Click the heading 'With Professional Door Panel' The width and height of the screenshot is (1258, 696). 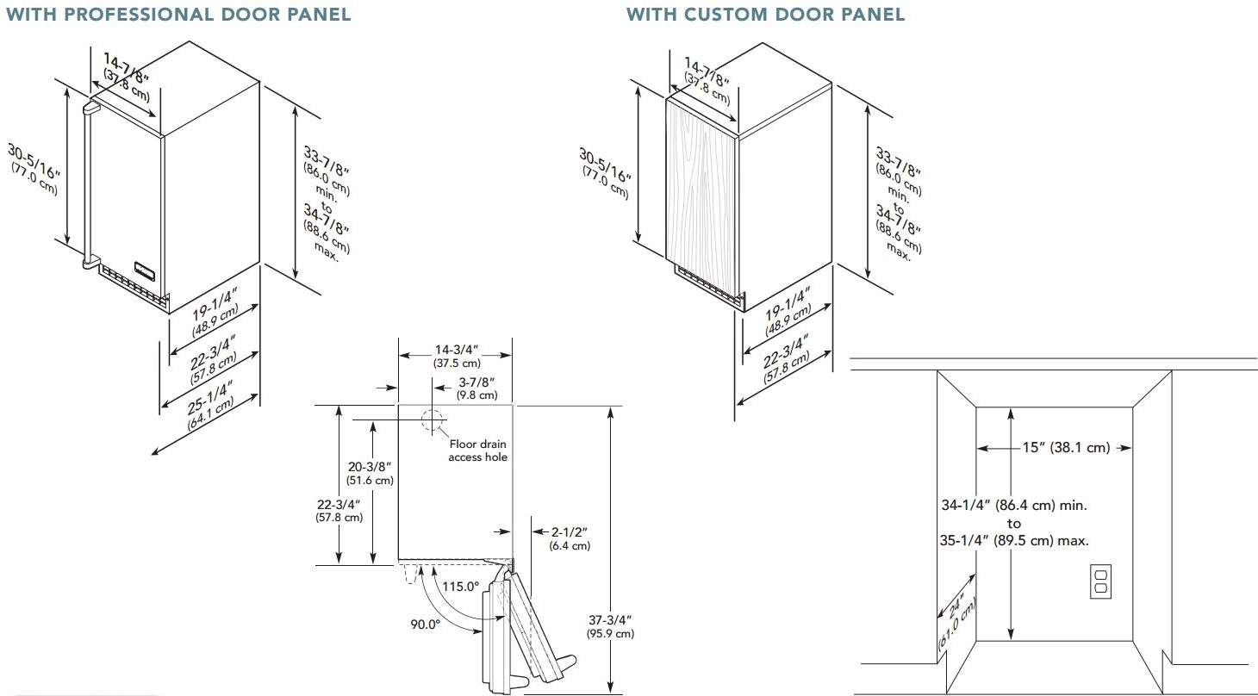tap(178, 14)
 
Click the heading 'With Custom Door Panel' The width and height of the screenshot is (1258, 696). tap(765, 14)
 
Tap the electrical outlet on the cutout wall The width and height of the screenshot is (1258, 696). tap(1100, 581)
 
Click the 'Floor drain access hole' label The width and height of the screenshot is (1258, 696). tap(477, 451)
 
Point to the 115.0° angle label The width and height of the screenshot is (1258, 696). tap(460, 587)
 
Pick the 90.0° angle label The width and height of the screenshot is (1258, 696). tap(425, 625)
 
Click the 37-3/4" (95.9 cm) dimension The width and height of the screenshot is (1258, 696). tap(610, 626)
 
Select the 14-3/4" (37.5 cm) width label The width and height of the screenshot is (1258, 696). tap(457, 357)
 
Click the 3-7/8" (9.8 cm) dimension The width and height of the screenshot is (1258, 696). tap(476, 388)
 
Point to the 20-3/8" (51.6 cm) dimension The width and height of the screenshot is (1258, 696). tap(370, 473)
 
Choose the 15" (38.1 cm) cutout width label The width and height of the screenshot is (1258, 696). tap(1066, 447)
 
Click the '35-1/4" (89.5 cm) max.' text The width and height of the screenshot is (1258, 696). tap(1014, 541)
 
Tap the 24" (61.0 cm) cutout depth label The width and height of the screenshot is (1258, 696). tap(957, 622)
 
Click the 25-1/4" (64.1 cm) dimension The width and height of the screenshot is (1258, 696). tap(210, 406)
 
